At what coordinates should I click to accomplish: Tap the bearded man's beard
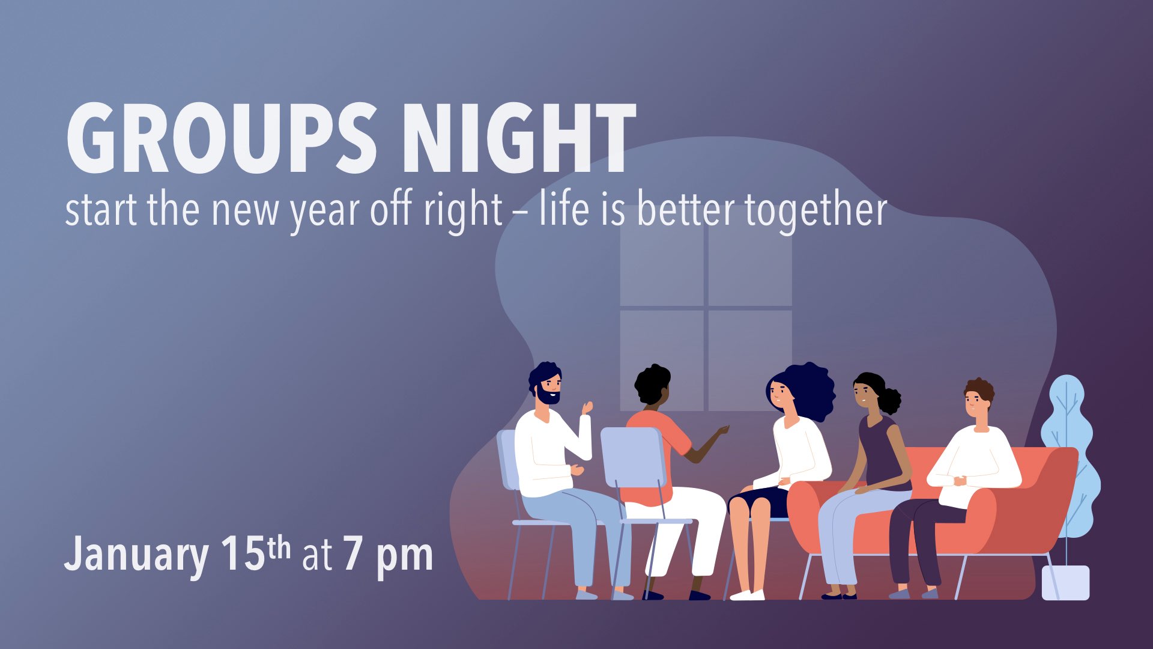click(x=549, y=396)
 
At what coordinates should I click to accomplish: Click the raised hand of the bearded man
click(x=586, y=408)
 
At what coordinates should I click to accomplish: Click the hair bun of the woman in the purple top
click(x=889, y=401)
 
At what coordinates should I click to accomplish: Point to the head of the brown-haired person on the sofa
click(x=978, y=398)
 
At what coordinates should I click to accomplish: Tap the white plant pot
click(x=1065, y=582)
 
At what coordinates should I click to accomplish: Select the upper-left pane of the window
click(x=662, y=265)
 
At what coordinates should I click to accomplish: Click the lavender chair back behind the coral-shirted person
click(x=634, y=457)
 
